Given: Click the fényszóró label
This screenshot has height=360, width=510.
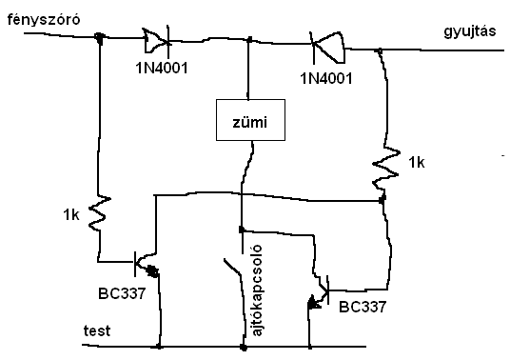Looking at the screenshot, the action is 44,20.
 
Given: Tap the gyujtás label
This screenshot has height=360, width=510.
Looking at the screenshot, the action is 470,31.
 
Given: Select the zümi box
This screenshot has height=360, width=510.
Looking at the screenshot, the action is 250,120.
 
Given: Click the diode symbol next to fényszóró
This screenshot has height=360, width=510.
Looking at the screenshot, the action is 157,41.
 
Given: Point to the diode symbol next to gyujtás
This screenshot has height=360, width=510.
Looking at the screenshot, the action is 327,48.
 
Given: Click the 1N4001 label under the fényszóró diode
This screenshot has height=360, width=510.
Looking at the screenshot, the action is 162,69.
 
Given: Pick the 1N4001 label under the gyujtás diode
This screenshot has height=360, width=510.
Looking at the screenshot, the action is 326,78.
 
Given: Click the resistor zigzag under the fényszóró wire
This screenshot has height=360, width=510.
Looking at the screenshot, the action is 100,213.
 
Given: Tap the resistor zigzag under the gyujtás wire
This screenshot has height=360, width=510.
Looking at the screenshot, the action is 385,168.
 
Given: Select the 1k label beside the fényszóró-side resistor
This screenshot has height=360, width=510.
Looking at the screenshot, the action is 71,215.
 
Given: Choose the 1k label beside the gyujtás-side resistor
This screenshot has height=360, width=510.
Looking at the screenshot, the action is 417,163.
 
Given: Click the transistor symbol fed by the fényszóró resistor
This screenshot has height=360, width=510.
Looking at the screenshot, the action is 147,264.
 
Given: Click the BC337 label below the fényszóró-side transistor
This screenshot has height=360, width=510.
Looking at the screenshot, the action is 122,293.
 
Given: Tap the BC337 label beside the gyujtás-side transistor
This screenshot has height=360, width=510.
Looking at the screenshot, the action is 363,307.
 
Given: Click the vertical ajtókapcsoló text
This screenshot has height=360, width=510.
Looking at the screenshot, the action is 257,290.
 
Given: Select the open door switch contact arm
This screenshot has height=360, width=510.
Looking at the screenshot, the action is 232,267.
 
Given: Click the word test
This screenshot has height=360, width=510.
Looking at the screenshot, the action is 97,330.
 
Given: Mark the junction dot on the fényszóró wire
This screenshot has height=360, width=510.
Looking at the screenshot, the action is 99,37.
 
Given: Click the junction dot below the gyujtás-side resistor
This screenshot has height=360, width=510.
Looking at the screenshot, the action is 382,199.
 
